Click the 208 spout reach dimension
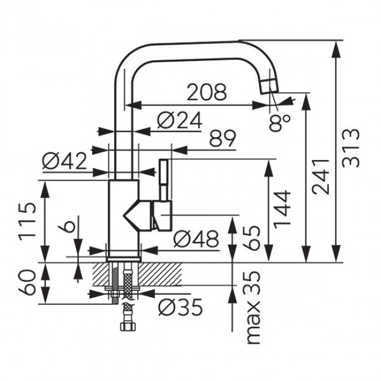pyautogui.click(x=206, y=93)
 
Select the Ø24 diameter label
pyautogui.click(x=179, y=121)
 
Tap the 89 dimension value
pyautogui.click(x=222, y=139)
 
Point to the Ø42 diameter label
pyautogui.click(x=64, y=161)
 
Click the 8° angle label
pyautogui.click(x=280, y=123)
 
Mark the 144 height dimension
pyautogui.click(x=283, y=209)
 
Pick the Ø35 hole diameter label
pyautogui.click(x=179, y=306)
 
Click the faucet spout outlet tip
pyautogui.click(x=267, y=85)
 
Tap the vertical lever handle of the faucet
pyautogui.click(x=163, y=179)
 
